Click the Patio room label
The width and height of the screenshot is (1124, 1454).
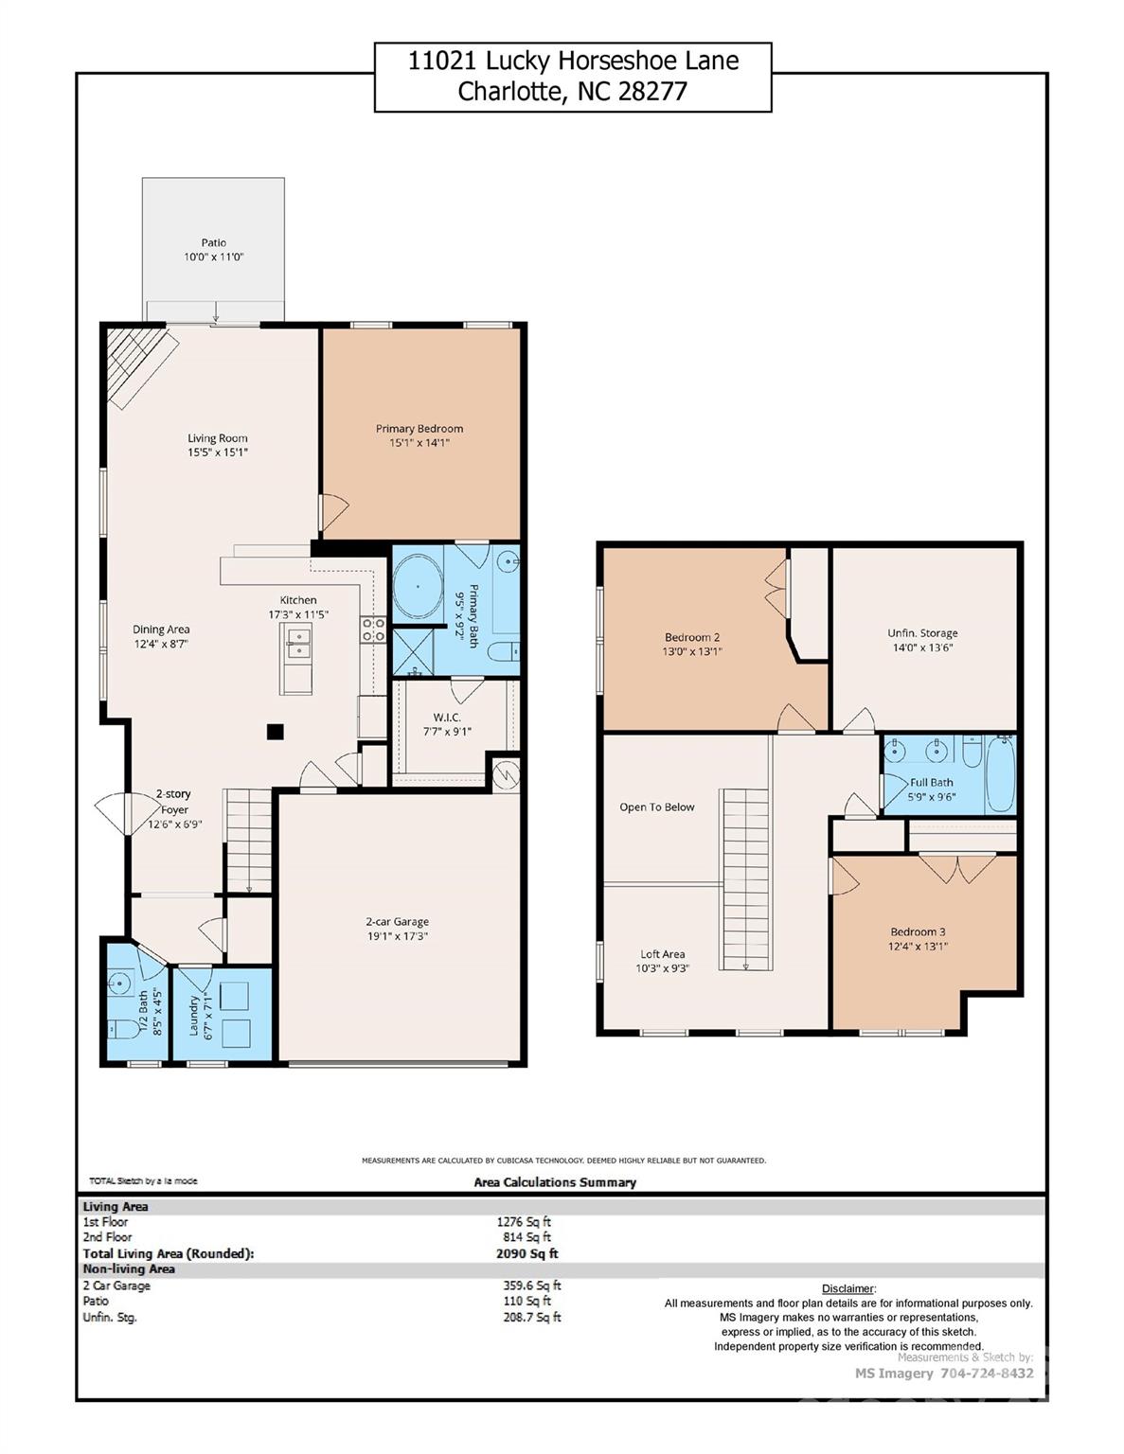(x=214, y=243)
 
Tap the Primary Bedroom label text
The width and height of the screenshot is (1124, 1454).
(x=419, y=429)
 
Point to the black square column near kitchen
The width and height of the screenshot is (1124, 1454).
(x=276, y=731)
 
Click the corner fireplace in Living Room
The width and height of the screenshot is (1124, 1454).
(x=137, y=364)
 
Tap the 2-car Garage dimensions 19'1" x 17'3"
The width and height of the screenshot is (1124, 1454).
(x=397, y=936)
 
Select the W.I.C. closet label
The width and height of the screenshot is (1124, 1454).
(x=446, y=718)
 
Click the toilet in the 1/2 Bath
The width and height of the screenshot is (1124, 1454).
(x=118, y=1028)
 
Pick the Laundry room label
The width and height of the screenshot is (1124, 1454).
(x=194, y=1015)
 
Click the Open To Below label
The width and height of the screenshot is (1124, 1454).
(x=657, y=807)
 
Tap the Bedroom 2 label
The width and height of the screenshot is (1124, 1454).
(x=691, y=637)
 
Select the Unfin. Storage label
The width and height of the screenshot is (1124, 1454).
(x=921, y=633)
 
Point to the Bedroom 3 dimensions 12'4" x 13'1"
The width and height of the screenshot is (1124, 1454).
(x=918, y=947)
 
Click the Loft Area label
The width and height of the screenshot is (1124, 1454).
(x=662, y=954)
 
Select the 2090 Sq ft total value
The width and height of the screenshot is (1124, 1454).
(x=526, y=1253)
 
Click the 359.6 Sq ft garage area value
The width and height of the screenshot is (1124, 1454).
(x=531, y=1286)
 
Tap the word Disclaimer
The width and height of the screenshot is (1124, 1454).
(x=847, y=1288)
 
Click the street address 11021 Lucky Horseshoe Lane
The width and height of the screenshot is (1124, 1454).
(x=573, y=62)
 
